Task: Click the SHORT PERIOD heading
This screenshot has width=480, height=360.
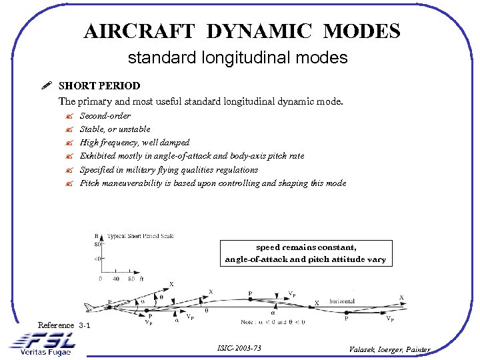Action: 99,86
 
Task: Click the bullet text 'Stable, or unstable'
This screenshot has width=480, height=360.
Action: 115,129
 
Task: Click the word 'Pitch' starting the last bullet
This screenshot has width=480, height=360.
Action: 90,183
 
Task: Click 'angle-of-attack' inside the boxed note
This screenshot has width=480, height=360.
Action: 256,259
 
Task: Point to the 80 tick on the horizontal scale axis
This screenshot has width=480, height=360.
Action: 131,279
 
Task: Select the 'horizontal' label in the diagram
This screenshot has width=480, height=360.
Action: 341,301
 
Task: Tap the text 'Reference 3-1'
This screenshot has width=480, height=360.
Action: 65,325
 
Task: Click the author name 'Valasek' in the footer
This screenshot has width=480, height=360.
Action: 364,349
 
